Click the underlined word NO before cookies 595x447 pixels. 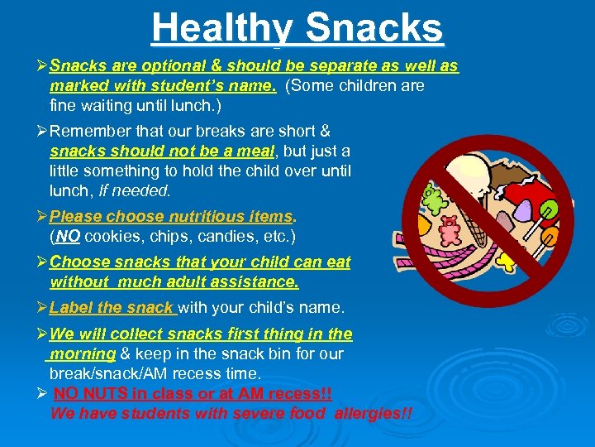click(x=68, y=236)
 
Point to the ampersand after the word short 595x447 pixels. click(x=325, y=131)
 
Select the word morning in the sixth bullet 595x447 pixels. click(x=82, y=353)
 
